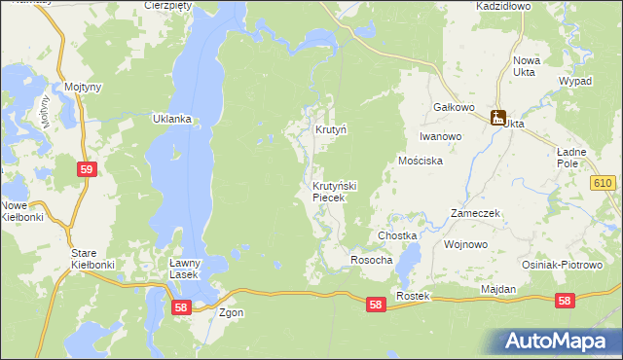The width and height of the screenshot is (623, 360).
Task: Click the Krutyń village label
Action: [331, 129]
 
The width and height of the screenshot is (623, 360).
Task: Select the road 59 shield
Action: [87, 169]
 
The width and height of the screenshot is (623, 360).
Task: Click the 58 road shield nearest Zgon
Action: [179, 306]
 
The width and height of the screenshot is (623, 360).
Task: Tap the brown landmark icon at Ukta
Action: [498, 119]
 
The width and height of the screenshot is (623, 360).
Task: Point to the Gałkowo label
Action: [453, 107]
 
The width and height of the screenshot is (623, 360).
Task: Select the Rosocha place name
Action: [371, 260]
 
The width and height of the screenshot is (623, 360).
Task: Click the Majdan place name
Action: [498, 290]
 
